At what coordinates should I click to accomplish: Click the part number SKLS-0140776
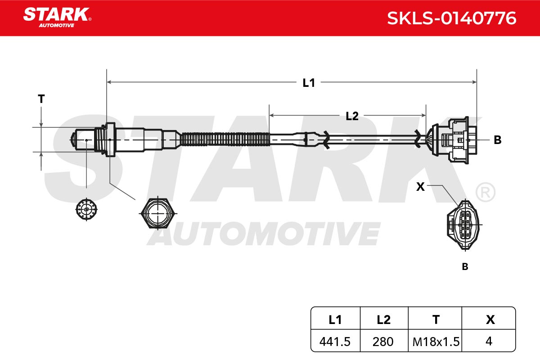pos(451,18)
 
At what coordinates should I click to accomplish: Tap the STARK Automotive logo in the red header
pos(57,18)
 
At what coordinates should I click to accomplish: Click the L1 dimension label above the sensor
pos(309,83)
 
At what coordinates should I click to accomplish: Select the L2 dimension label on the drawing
pos(352,116)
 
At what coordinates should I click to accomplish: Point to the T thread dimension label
pos(41,99)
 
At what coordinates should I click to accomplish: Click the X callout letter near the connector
pos(420,187)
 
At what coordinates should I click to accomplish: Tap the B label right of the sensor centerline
pos(498,140)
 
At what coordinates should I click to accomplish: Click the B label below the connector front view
pos(465,267)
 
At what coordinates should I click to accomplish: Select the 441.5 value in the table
pos(335,342)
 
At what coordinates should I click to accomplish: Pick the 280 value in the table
pos(383,342)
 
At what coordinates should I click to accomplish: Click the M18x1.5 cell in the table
pos(436,342)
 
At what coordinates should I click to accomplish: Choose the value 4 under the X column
pos(489,341)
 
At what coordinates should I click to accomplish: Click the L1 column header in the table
pos(335,320)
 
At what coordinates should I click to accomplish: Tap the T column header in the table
pos(436,320)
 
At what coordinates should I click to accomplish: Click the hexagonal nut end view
pos(158,213)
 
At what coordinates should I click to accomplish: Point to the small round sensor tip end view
pos(86,209)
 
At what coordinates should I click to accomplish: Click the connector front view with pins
pos(464,225)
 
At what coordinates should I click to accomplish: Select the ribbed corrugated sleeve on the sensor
pos(225,139)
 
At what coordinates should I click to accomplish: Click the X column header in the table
pos(490,320)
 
